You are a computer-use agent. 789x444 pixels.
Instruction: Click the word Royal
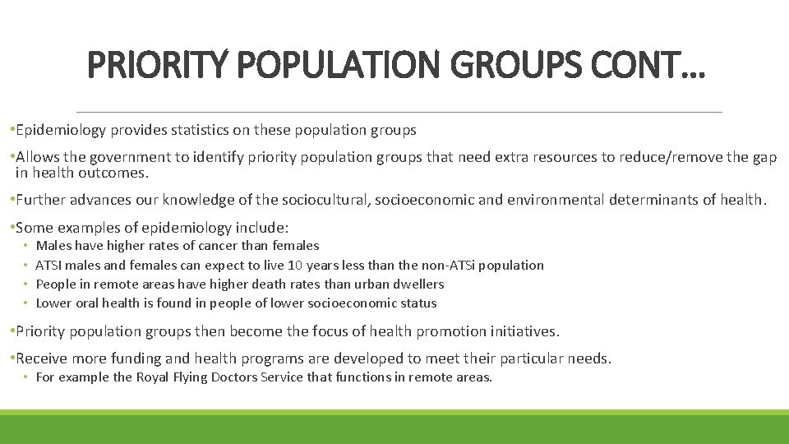click(x=153, y=377)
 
